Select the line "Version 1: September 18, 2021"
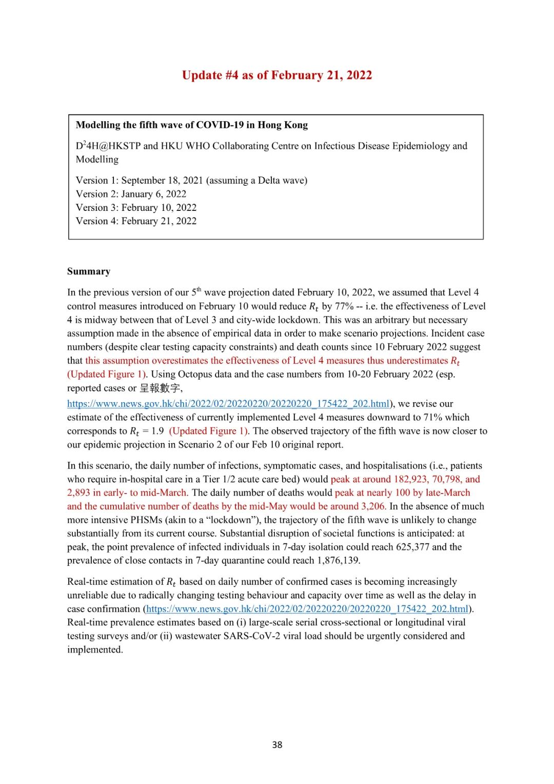coord(191,181)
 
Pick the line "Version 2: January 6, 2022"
coord(131,194)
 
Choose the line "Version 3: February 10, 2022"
coord(136,208)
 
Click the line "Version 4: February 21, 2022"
coord(136,221)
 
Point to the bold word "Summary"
coord(89,271)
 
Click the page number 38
coord(277,745)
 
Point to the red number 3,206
coord(373,506)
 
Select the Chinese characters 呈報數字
coord(160,388)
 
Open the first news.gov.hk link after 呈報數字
coord(228,404)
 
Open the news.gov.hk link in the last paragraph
coord(307,609)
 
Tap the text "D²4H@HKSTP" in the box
coord(108,146)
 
